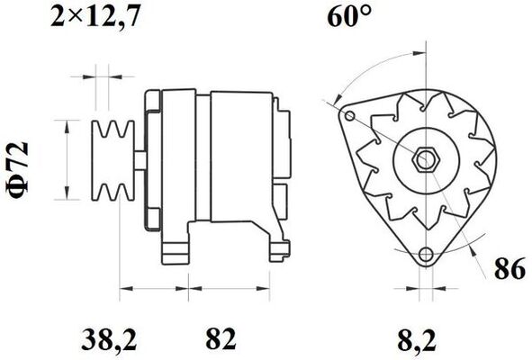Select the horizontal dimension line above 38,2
(x=154, y=290)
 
